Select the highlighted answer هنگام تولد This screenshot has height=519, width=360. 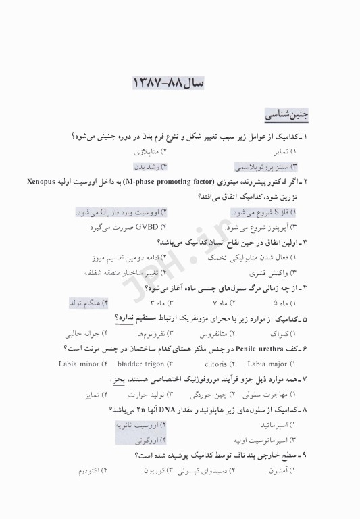point(86,303)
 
